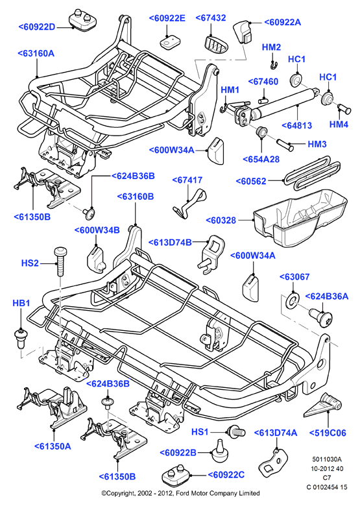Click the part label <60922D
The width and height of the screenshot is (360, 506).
[x=37, y=27]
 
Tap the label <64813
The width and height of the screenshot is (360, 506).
[x=297, y=125]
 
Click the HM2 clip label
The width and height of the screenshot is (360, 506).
[x=271, y=47]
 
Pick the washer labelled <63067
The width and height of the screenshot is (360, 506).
[x=293, y=300]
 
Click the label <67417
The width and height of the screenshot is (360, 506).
[x=187, y=180]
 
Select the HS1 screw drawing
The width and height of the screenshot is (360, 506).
[x=236, y=431]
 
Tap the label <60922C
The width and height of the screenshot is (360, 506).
[x=226, y=475]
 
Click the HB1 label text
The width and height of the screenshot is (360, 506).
[x=21, y=303]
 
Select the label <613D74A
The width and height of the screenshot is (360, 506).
[x=276, y=433]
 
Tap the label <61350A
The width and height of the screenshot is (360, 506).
[x=53, y=446]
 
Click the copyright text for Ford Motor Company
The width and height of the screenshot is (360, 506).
[x=180, y=493]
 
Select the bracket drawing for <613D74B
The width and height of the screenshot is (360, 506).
[x=211, y=254]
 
